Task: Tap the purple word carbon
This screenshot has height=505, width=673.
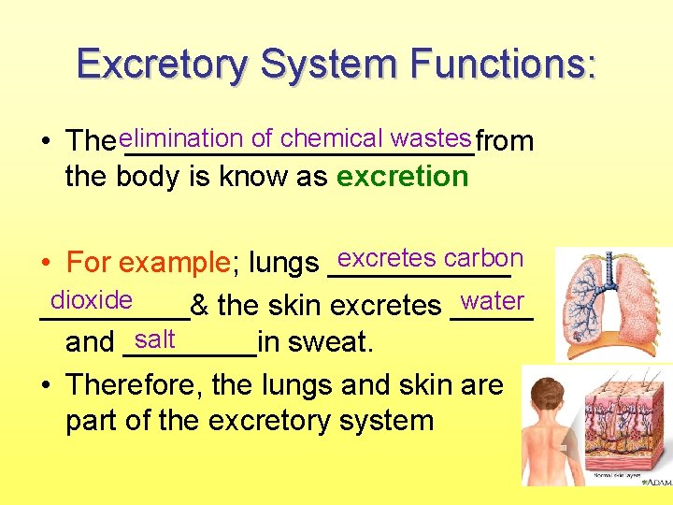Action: pyautogui.click(x=483, y=258)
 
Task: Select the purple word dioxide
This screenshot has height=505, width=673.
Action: pyautogui.click(x=92, y=300)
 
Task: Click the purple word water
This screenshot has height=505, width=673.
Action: pyautogui.click(x=493, y=301)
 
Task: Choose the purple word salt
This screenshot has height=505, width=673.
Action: pyautogui.click(x=154, y=339)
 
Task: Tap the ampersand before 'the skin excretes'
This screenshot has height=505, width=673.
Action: pyautogui.click(x=199, y=306)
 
